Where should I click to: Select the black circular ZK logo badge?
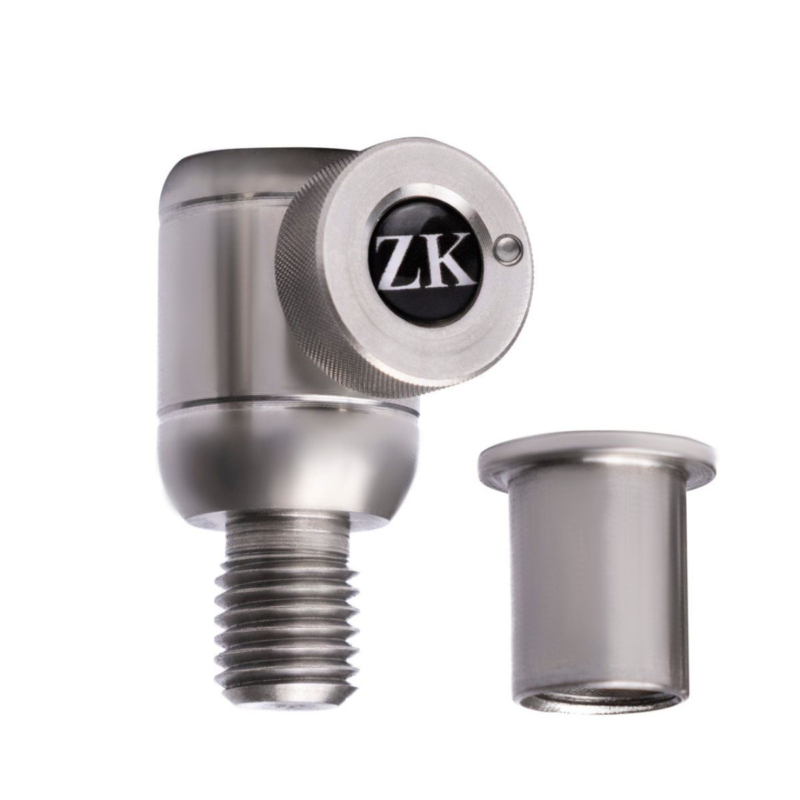[426, 261]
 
